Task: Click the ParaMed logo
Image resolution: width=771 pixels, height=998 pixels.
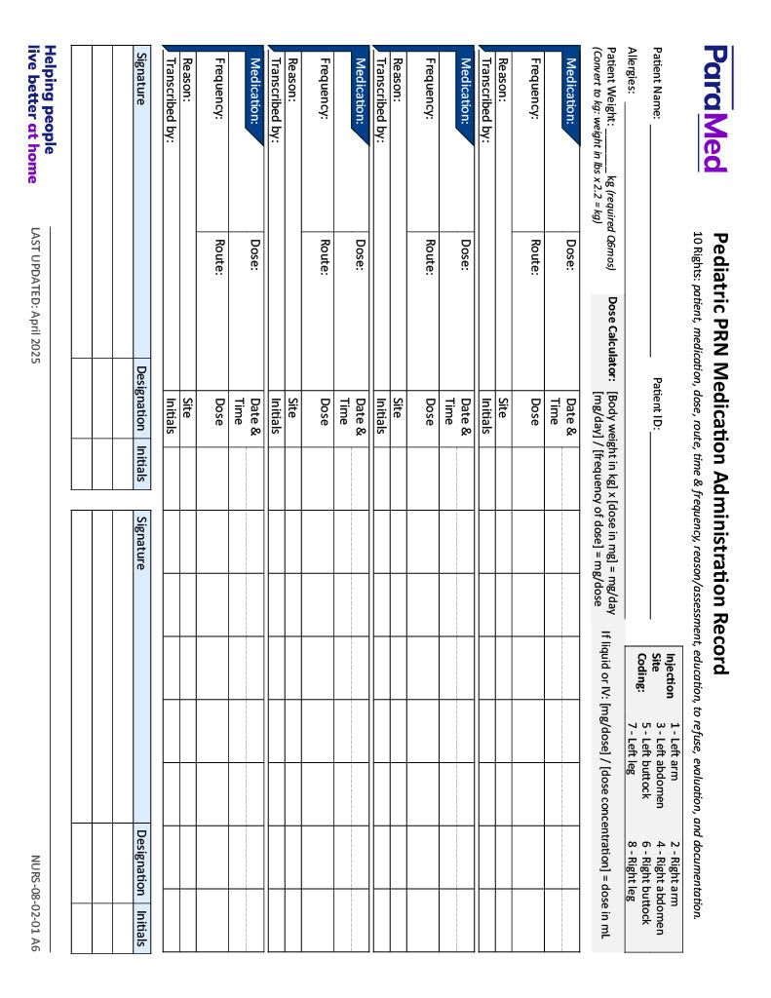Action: pos(714,107)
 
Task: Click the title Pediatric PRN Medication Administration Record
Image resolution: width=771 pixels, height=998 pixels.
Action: pos(721,453)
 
